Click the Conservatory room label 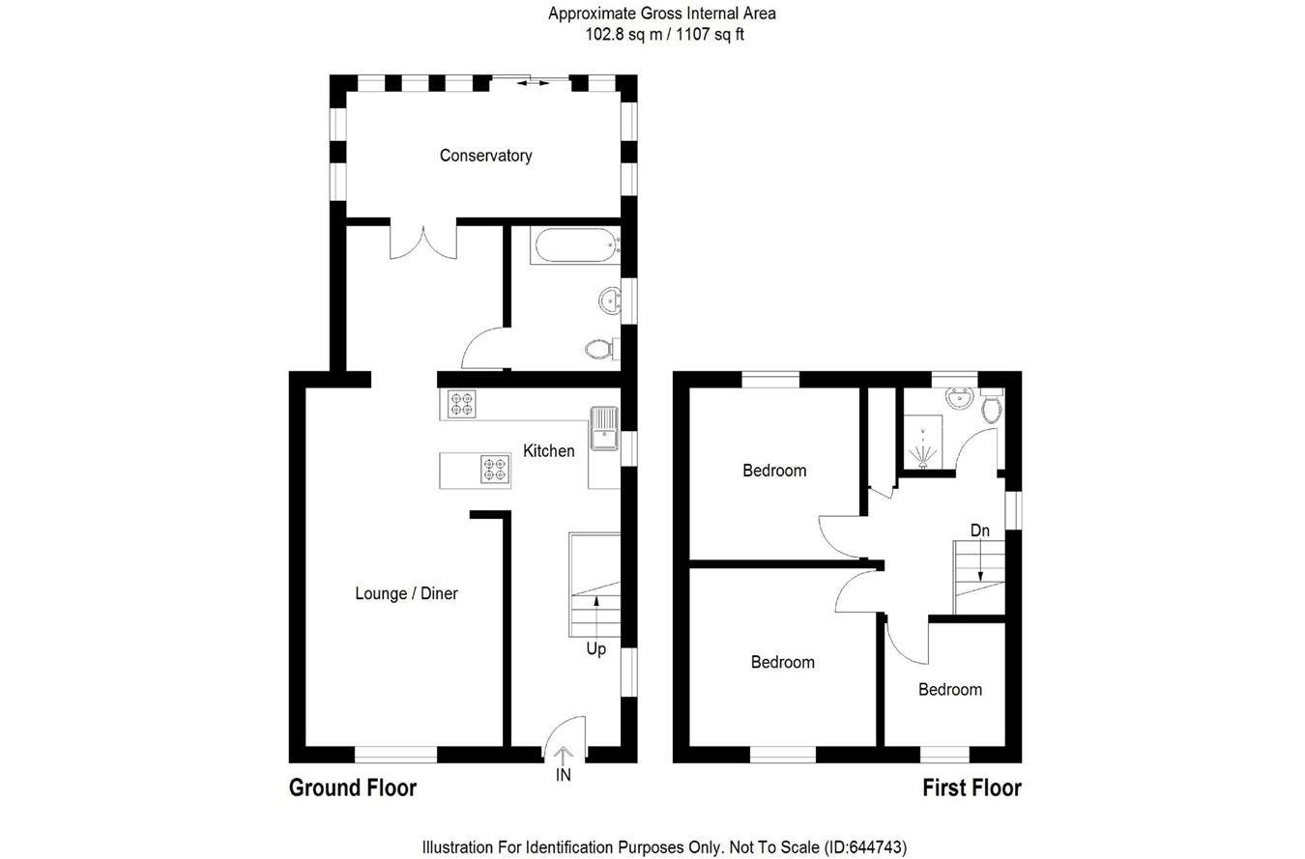[485, 156]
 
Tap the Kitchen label [548, 450]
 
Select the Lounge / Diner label [406, 593]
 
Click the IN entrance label [564, 775]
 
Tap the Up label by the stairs [595, 649]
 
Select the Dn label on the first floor [980, 530]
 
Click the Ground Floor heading [353, 787]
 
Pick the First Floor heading [971, 787]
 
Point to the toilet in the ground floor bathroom [598, 348]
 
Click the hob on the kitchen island [495, 470]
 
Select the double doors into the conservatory [422, 242]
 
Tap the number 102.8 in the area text [604, 34]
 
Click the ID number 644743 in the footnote [878, 847]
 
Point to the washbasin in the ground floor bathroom [610, 301]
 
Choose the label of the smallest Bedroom [949, 690]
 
